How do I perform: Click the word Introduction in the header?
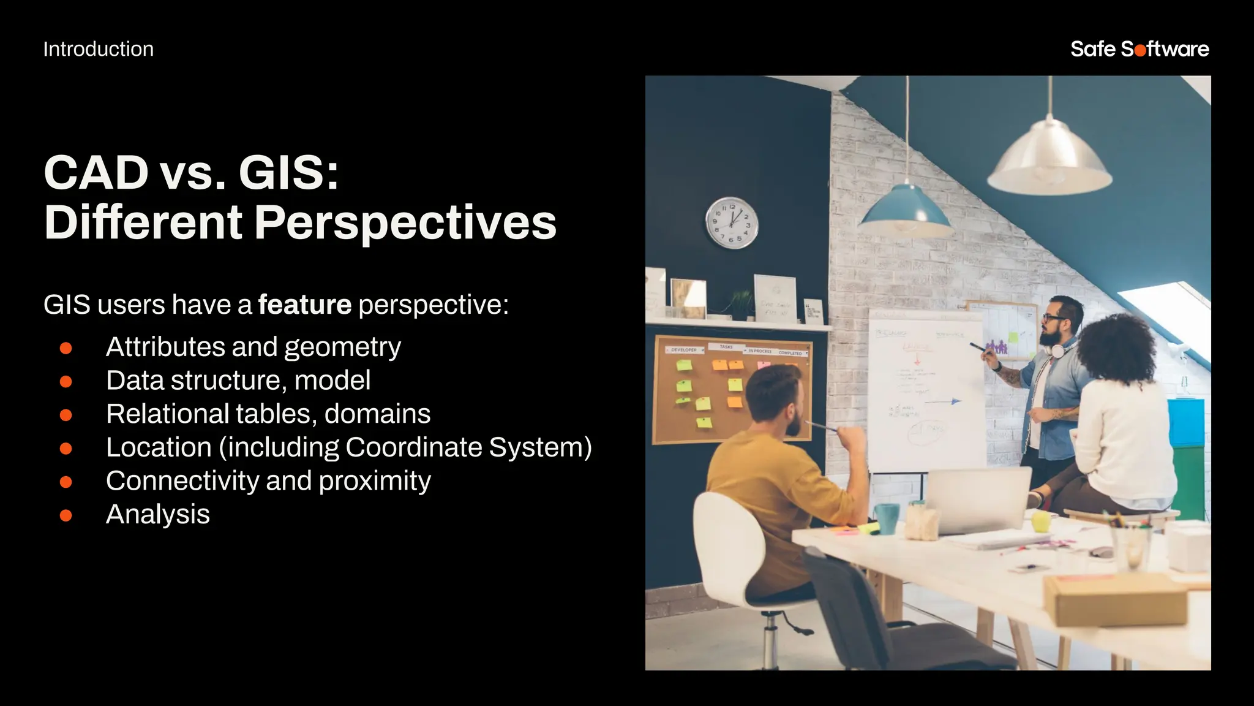(x=98, y=49)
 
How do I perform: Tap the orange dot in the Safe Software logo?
(x=1140, y=50)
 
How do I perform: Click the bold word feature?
(x=304, y=305)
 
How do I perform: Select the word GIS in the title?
(x=288, y=173)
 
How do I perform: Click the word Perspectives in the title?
(x=405, y=222)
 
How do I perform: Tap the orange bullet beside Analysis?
(x=66, y=515)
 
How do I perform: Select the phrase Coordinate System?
(x=468, y=447)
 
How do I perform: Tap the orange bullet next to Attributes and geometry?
(x=66, y=348)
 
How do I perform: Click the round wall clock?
(x=732, y=222)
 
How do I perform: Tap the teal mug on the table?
(x=886, y=517)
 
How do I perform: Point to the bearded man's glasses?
(x=1051, y=318)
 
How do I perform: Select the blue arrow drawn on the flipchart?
(x=943, y=402)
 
